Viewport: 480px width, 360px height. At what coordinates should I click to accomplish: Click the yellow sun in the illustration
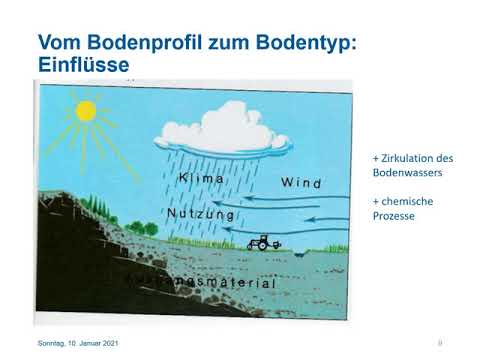[x=84, y=109]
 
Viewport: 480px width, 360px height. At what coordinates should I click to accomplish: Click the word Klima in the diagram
[x=201, y=179]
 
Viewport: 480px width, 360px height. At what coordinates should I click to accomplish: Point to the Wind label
[x=301, y=183]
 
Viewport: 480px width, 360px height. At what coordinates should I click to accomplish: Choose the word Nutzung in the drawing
[x=201, y=214]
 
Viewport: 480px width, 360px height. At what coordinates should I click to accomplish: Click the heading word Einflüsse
[x=84, y=65]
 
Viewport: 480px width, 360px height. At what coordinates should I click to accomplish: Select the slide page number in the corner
[x=440, y=343]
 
